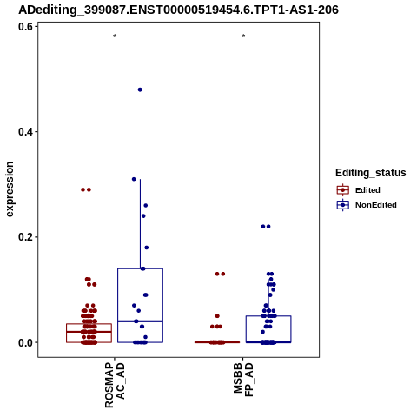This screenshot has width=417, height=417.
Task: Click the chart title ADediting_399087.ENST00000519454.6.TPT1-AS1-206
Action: [x=178, y=10]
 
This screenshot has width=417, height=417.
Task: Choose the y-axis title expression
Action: [x=10, y=189]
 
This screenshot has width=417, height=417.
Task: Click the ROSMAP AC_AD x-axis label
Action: [x=115, y=385]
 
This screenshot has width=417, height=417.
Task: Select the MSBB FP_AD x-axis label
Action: [x=243, y=380]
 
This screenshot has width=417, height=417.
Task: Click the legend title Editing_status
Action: [x=371, y=173]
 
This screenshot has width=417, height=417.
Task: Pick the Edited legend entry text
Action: [x=367, y=190]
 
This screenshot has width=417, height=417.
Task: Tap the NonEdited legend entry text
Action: [x=376, y=205]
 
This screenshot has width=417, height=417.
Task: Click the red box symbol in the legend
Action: [x=343, y=190]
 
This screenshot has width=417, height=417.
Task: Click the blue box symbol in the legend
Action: [x=343, y=205]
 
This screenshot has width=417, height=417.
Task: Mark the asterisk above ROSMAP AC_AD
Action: [x=115, y=36]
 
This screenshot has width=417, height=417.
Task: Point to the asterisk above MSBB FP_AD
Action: [x=243, y=36]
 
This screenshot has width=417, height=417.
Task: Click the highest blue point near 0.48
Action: [x=140, y=89]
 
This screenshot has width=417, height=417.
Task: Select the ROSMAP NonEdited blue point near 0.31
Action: [x=134, y=179]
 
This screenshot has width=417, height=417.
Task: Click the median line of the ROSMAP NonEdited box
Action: [x=140, y=321]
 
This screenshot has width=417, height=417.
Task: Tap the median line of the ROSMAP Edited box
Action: [x=89, y=332]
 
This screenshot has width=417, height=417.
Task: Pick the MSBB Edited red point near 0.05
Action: [x=217, y=316]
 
